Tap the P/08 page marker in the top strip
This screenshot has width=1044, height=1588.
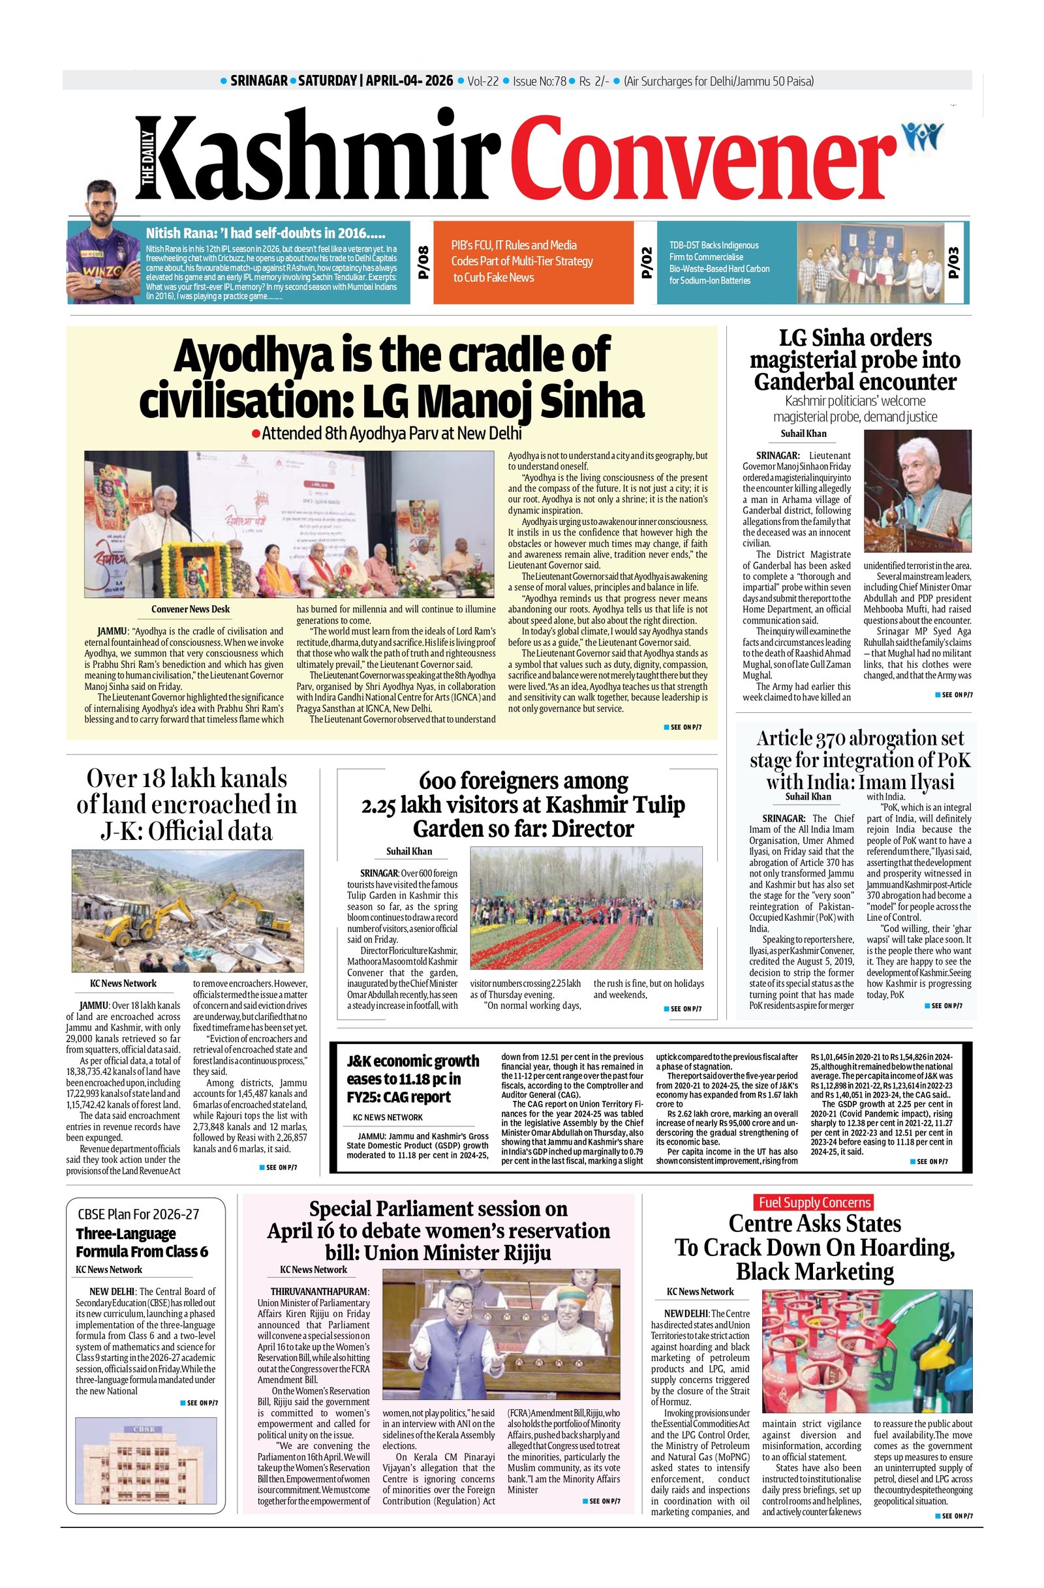point(422,262)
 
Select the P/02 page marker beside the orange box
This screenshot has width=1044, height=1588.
point(645,262)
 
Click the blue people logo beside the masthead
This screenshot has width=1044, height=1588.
point(922,136)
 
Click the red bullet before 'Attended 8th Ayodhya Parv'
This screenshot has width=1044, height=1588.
point(255,434)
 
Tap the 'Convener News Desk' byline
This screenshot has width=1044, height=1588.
point(191,608)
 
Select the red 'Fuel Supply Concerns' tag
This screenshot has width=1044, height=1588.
point(814,1203)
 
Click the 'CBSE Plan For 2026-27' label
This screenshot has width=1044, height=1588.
point(138,1214)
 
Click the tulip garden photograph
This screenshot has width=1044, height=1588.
point(586,907)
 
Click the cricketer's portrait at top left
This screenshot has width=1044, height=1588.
point(104,243)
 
